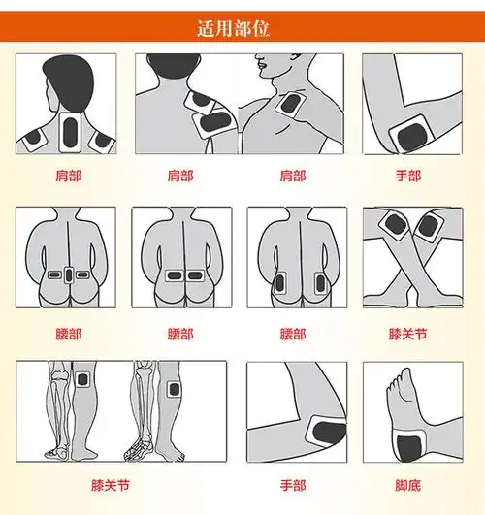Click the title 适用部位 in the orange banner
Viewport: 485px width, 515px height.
click(234, 28)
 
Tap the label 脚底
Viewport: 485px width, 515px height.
click(408, 486)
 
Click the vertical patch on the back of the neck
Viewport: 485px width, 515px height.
click(70, 133)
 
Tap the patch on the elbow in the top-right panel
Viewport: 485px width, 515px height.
click(411, 135)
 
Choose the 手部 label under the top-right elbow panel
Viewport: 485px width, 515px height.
click(408, 177)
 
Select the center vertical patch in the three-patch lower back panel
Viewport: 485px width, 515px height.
click(69, 275)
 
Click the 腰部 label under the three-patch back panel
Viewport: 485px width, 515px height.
click(68, 335)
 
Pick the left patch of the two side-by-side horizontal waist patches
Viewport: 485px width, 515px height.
click(174, 275)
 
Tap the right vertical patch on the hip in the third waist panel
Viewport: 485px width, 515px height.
click(320, 284)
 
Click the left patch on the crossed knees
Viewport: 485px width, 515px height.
click(396, 225)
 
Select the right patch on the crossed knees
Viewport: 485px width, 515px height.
click(429, 226)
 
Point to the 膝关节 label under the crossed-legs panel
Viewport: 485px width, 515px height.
click(408, 335)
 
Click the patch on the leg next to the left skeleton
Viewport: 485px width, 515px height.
click(82, 380)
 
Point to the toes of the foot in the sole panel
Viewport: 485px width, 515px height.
click(398, 380)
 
